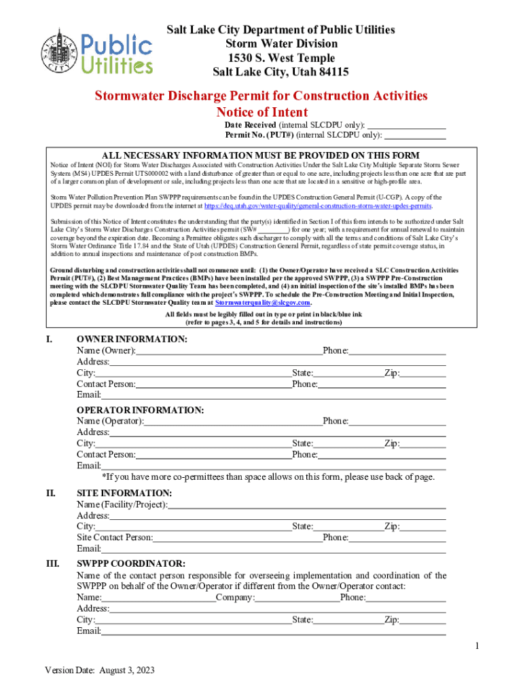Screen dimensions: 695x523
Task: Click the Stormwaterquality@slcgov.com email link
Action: pyautogui.click(x=257, y=303)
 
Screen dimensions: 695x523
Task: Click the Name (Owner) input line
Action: pyautogui.click(x=229, y=350)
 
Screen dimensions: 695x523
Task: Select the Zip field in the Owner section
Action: pyautogui.click(x=422, y=373)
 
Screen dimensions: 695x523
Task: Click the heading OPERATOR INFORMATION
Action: pyautogui.click(x=140, y=410)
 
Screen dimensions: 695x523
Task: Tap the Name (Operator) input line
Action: pyautogui.click(x=233, y=421)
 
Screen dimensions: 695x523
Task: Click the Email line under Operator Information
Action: pyautogui.click(x=273, y=466)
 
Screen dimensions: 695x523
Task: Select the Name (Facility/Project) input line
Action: pyautogui.click(x=306, y=504)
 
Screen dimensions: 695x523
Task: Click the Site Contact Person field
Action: pyautogui.click(x=238, y=538)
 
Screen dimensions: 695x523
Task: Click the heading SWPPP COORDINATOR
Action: pyautogui.click(x=130, y=563)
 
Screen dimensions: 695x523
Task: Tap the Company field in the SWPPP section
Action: pyautogui.click(x=297, y=597)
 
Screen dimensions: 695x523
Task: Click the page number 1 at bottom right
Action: pyautogui.click(x=477, y=645)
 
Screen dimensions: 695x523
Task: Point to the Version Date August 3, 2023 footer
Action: pyautogui.click(x=100, y=670)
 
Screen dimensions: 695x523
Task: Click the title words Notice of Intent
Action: pyautogui.click(x=261, y=112)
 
